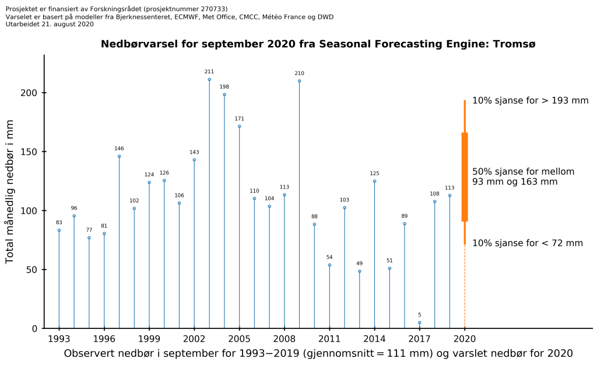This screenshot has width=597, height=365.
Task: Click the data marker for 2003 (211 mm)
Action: tap(209, 79)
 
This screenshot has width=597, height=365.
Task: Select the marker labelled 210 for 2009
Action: tap(300, 81)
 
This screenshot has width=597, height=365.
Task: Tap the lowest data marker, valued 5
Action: tap(419, 323)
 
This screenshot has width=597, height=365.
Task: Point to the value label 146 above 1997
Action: tap(119, 148)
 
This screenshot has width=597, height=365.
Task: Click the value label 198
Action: tap(224, 87)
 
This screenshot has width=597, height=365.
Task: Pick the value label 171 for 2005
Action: tap(240, 119)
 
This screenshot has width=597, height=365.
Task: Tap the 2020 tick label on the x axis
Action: tap(465, 338)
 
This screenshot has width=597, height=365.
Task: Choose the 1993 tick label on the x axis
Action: tap(59, 338)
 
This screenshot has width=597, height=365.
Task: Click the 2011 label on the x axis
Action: tap(329, 338)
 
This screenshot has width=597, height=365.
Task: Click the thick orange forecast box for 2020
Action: tap(465, 177)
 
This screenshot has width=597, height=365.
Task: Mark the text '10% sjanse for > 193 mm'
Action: tap(530, 101)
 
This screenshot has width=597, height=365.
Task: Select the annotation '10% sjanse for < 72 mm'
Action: tap(527, 243)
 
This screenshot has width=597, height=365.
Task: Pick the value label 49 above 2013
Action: tap(360, 263)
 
